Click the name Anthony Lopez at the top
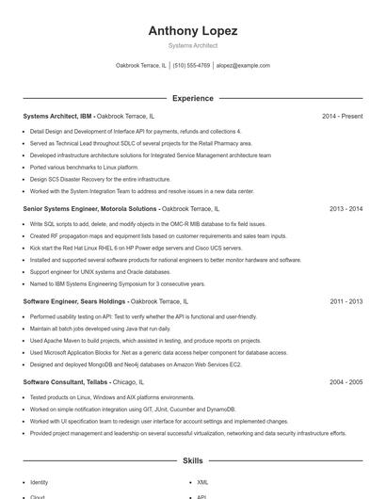[x=192, y=31]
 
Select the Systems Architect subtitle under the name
[x=192, y=45]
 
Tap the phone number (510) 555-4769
[x=191, y=66]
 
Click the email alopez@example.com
[x=243, y=66]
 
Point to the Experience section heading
[x=192, y=98]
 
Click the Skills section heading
[x=192, y=461]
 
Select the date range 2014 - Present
[x=342, y=116]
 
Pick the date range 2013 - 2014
[x=346, y=208]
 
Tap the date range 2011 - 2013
[x=346, y=301]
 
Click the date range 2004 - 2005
[x=346, y=382]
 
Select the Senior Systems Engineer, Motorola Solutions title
[x=89, y=208]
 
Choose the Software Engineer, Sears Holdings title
[x=79, y=301]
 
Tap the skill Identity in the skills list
[x=40, y=482]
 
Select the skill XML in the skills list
[x=201, y=482]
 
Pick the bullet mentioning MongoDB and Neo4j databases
[x=136, y=363]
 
